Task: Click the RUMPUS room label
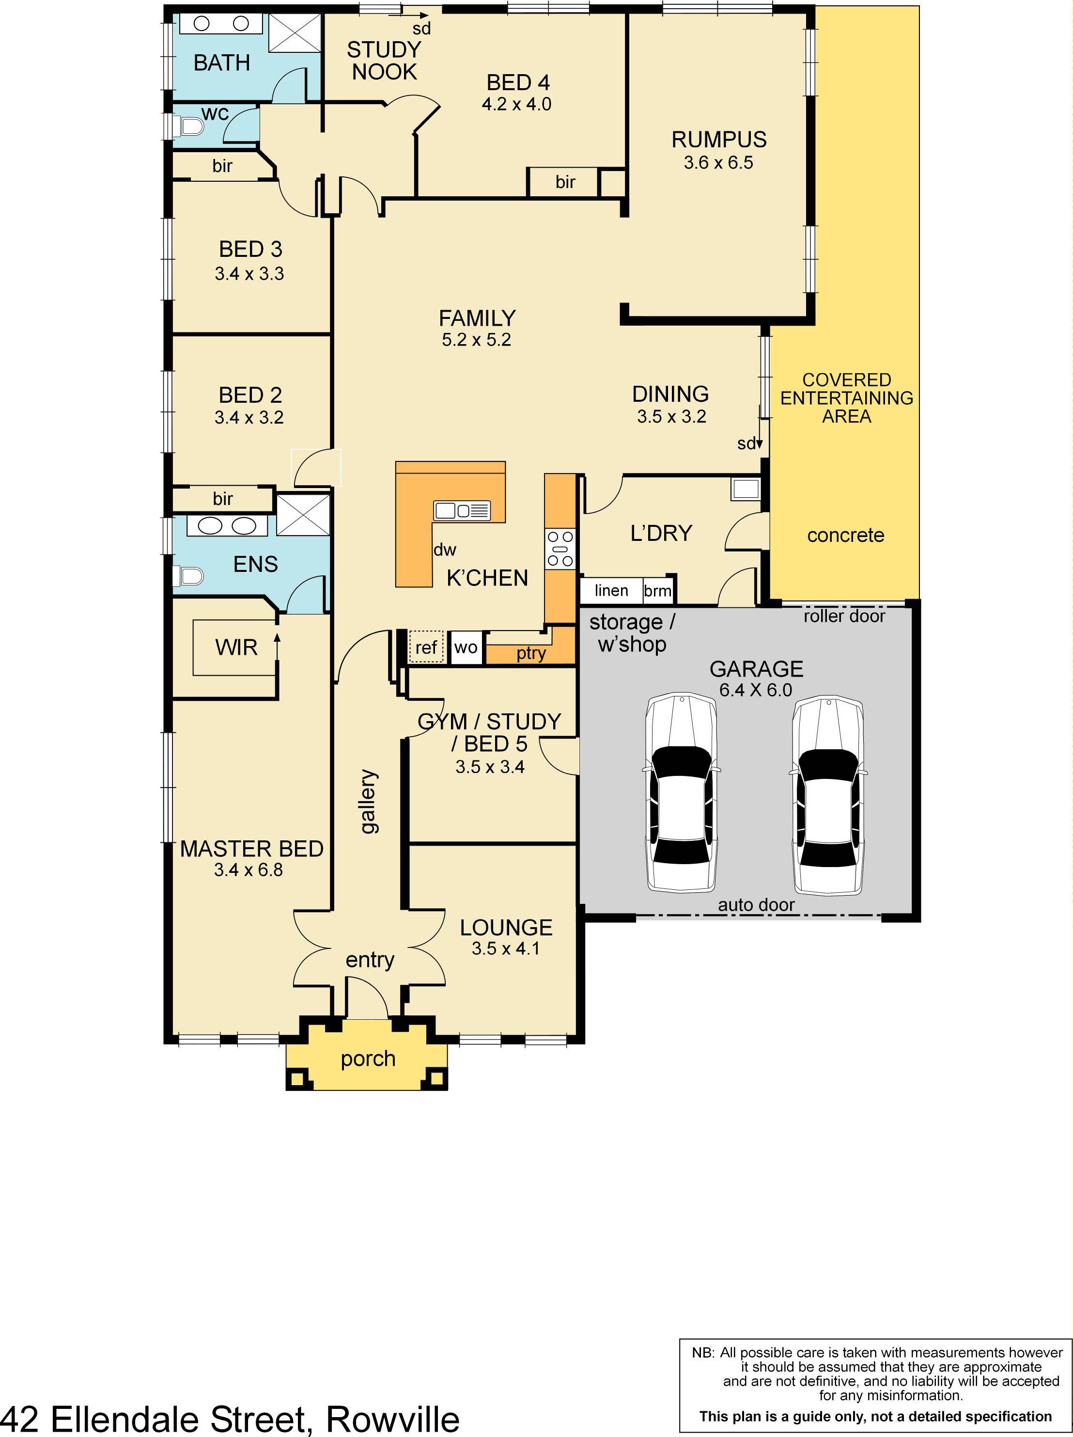[719, 140]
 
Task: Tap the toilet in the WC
[188, 125]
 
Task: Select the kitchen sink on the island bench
[462, 511]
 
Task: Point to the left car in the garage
[681, 792]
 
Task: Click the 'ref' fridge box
[426, 647]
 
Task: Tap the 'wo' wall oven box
[466, 647]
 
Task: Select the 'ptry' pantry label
[531, 653]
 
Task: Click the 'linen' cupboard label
[611, 590]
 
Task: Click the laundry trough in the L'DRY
[745, 489]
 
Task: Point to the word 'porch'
[368, 1059]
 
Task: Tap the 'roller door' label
[844, 616]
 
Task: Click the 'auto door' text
[756, 904]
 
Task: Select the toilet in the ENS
[188, 576]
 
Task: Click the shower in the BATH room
[295, 32]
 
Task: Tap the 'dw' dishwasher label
[445, 550]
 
